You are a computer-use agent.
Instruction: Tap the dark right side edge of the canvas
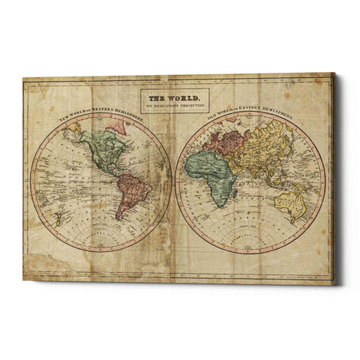[336, 180]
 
